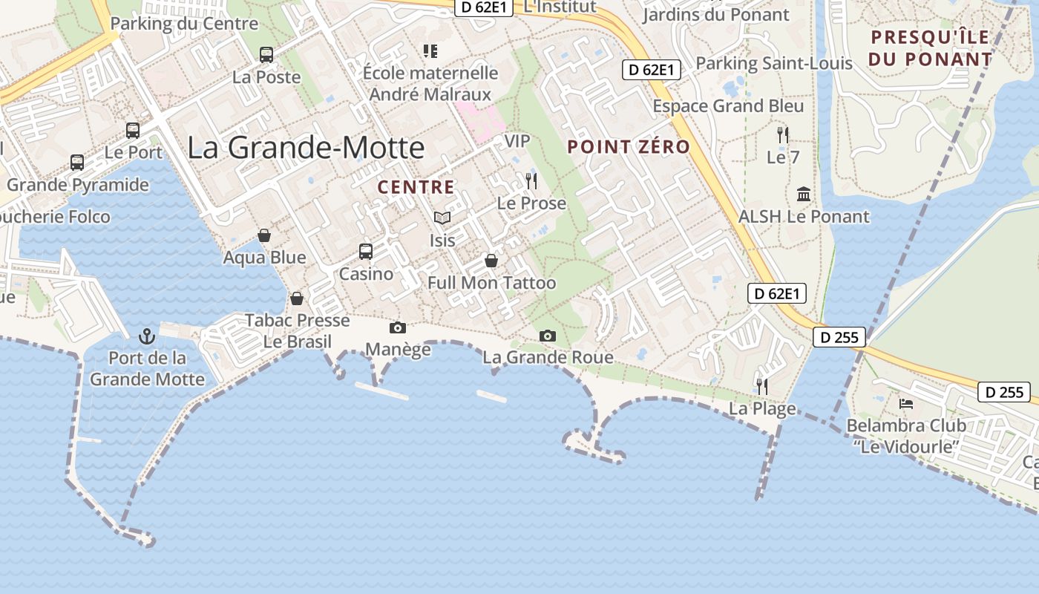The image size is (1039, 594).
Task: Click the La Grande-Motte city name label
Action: tap(305, 147)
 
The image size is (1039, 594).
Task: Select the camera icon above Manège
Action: tap(398, 327)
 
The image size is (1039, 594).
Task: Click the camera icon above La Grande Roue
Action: tap(548, 336)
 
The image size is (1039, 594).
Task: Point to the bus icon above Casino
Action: tap(366, 251)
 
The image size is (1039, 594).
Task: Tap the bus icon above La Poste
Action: tap(266, 54)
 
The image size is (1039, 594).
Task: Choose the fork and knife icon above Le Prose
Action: tap(531, 180)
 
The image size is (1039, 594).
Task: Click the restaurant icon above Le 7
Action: tap(783, 134)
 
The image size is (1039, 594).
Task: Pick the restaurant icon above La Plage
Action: tap(761, 386)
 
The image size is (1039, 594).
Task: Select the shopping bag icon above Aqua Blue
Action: tap(264, 235)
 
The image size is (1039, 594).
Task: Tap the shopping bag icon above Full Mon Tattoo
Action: tap(491, 261)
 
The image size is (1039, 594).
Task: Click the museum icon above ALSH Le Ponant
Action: tap(804, 195)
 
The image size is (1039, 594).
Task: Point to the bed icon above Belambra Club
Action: tap(906, 404)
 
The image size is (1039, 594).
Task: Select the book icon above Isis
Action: tap(442, 218)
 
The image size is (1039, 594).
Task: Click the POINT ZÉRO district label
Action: tap(629, 146)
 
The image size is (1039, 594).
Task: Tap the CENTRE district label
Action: tap(416, 187)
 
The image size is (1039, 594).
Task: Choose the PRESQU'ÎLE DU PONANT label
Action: tap(931, 48)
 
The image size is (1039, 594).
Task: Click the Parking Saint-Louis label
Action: tap(774, 63)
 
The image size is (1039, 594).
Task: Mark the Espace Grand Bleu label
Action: tap(728, 106)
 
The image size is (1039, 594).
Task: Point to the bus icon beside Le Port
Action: tap(133, 131)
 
